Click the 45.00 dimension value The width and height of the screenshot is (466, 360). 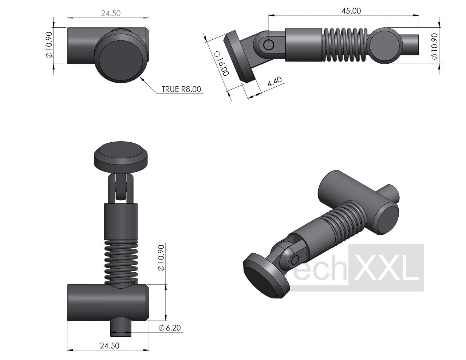[x=351, y=11]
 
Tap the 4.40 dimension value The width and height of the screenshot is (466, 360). [x=275, y=82]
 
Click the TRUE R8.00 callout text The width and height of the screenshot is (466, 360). [x=181, y=89]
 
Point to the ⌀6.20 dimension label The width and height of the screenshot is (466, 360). [x=170, y=328]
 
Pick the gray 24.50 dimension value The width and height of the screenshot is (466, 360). [x=111, y=13]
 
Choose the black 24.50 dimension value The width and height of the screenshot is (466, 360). [x=110, y=346]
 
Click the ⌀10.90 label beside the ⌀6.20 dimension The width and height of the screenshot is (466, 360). [x=161, y=258]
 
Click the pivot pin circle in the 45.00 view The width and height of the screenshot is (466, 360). [x=268, y=45]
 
